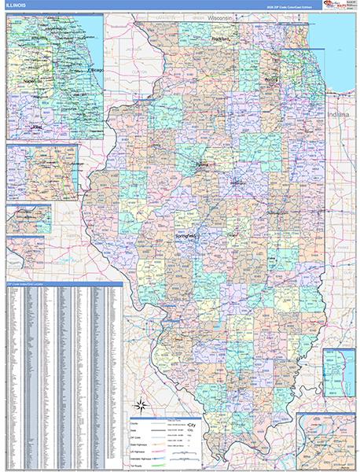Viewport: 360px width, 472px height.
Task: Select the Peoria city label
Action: [203, 166]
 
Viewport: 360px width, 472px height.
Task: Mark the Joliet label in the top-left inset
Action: [35, 125]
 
